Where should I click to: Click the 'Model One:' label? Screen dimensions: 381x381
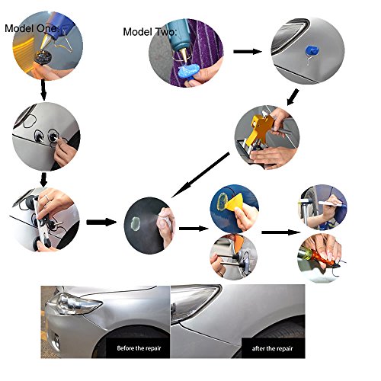click(x=32, y=28)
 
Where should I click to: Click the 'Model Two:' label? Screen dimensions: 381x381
click(x=149, y=32)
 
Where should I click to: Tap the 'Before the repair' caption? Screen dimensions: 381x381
click(x=139, y=348)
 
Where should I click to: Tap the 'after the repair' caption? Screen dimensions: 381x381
click(x=272, y=348)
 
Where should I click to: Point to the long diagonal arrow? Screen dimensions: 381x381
click(x=200, y=174)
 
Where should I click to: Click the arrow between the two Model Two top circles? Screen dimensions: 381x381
click(x=248, y=52)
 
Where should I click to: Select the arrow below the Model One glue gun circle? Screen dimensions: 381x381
click(x=43, y=90)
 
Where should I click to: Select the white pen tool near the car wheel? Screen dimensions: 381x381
click(x=330, y=203)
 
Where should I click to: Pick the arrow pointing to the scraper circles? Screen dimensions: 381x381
click(x=194, y=229)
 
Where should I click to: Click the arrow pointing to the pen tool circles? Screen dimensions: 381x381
click(x=281, y=232)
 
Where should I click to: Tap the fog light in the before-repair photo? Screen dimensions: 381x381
click(x=55, y=338)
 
